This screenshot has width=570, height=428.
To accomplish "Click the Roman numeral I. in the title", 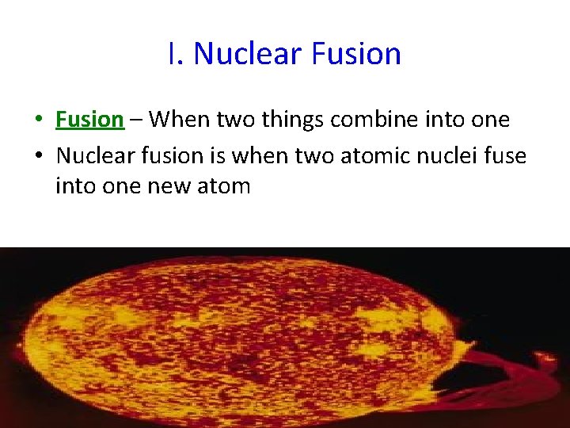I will pos(176,54).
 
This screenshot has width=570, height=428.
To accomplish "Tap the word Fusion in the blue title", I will pos(356,54).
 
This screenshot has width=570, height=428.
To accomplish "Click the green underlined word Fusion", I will pos(89,120).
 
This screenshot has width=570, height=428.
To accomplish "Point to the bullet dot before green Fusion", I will pos(37,120).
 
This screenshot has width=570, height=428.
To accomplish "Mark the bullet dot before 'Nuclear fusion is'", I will pos(37,156).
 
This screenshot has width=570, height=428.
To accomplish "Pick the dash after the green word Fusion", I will pos(136,120).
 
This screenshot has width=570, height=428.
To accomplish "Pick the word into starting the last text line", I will pos(74,186).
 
